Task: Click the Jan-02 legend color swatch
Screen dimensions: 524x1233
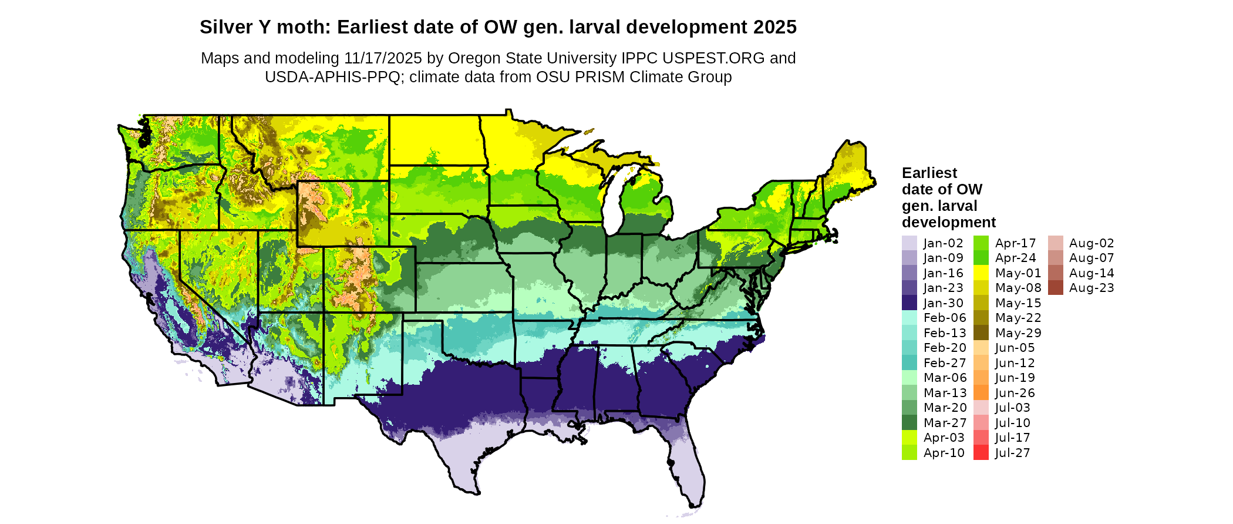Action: pyautogui.click(x=909, y=243)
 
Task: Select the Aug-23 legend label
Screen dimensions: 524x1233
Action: pyautogui.click(x=1091, y=288)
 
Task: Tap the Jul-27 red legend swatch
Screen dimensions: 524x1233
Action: pyautogui.click(x=981, y=453)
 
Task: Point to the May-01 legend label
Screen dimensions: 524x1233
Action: pyautogui.click(x=1018, y=273)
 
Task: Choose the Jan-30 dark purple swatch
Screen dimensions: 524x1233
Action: pyautogui.click(x=909, y=303)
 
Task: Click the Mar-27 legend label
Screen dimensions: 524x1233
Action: pyautogui.click(x=945, y=423)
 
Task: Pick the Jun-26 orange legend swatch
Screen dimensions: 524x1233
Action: pyautogui.click(x=981, y=393)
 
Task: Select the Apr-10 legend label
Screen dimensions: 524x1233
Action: pyautogui.click(x=944, y=453)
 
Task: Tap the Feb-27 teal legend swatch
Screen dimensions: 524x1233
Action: pyautogui.click(x=909, y=363)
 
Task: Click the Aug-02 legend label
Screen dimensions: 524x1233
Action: pyautogui.click(x=1091, y=243)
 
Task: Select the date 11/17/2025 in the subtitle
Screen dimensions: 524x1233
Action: pyautogui.click(x=383, y=58)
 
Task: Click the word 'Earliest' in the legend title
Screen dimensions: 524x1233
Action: pyautogui.click(x=929, y=173)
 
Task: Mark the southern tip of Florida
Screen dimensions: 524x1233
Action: pyautogui.click(x=695, y=505)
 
